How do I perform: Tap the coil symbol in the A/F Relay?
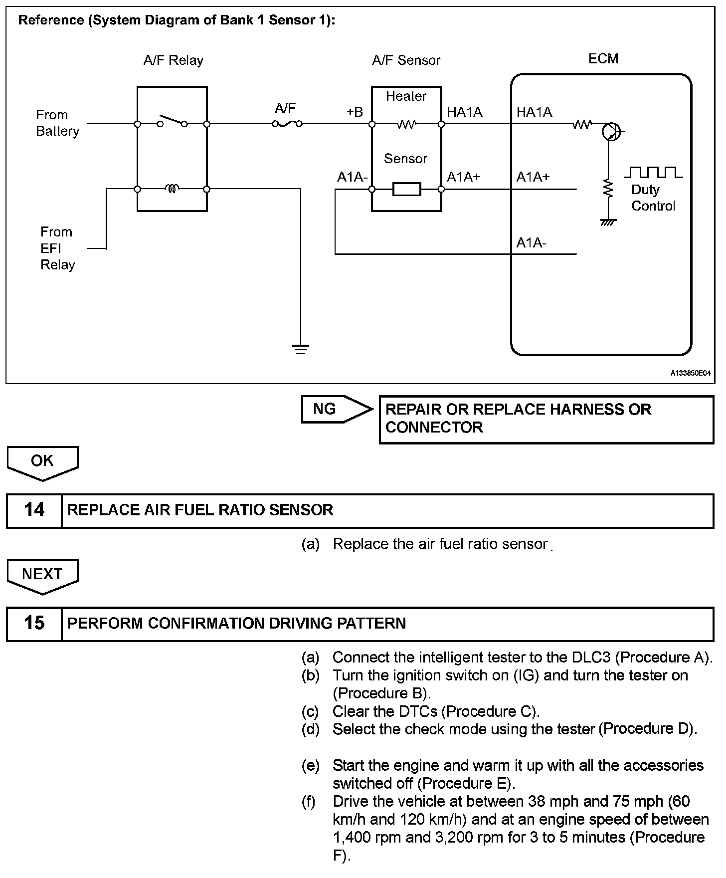pos(173,189)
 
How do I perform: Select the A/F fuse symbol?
pos(287,123)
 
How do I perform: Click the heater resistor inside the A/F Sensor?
pos(406,124)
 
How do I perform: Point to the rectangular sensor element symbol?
pos(406,189)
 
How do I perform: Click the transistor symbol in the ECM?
pos(611,132)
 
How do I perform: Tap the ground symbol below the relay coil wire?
pos(301,349)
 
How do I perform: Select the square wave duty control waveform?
pos(653,173)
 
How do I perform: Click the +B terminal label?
pos(355,112)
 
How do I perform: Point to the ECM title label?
pos(603,59)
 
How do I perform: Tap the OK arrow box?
pos(42,462)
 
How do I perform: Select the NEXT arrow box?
pos(42,575)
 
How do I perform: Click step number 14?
pos(34,510)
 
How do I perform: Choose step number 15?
pos(34,623)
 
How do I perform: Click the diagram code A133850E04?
pos(690,373)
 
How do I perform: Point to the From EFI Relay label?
pos(57,248)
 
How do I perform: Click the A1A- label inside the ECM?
pos(531,243)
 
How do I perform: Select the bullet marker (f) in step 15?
pos(309,802)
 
